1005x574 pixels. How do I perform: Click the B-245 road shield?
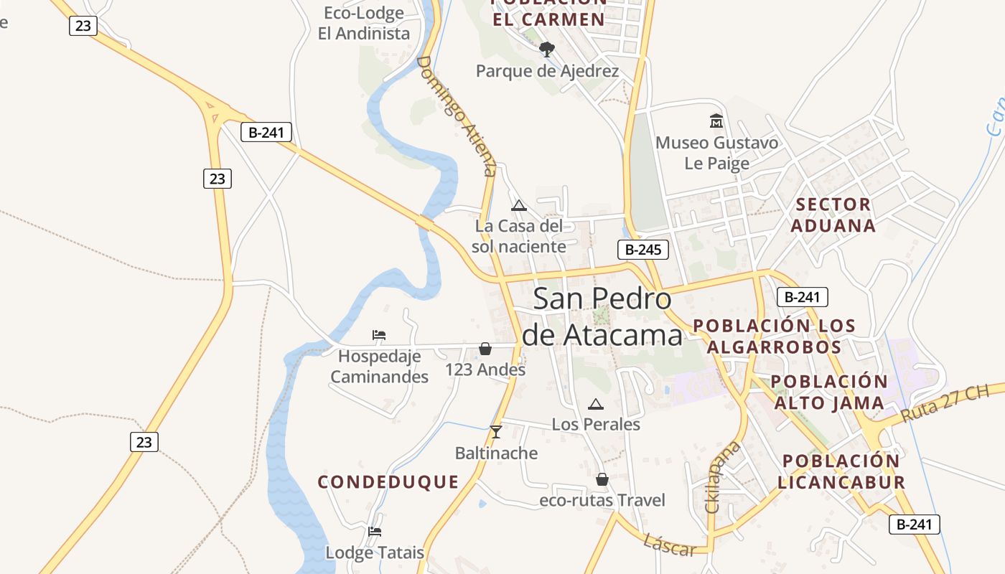pos(643,250)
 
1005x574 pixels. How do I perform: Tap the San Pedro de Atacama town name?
pos(603,316)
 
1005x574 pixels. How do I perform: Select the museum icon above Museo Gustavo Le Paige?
pos(716,121)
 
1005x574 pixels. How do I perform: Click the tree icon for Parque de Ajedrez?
pos(547,50)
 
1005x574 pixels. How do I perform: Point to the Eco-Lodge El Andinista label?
pos(364,23)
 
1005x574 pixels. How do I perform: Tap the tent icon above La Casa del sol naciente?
pos(519,205)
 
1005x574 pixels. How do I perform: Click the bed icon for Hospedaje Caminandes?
pos(379,334)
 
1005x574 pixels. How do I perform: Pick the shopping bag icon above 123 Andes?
pos(485,349)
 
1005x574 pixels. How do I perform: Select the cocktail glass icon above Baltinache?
pos(495,431)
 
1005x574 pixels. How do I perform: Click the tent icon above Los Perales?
pos(595,404)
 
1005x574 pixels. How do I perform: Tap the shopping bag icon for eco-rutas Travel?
pos(602,479)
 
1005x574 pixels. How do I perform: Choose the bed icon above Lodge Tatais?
pos(375,532)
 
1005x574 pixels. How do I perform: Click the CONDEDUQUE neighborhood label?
pos(388,482)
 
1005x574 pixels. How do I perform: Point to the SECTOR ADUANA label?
pos(833,215)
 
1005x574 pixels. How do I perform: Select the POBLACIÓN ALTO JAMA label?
pos(829,392)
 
